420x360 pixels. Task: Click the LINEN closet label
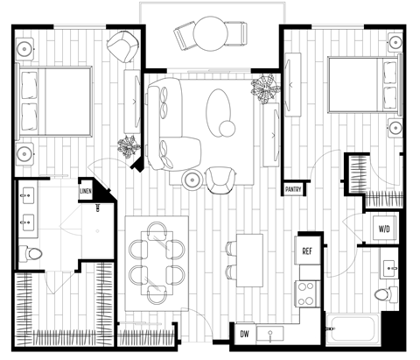click(86, 189)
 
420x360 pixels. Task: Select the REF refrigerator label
click(307, 251)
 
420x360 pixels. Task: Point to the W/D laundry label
click(384, 229)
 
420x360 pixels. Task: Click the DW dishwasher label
click(243, 335)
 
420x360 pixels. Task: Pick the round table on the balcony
click(212, 37)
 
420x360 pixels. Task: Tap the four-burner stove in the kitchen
click(308, 292)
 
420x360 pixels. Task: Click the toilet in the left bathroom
click(34, 254)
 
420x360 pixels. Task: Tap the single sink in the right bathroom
click(388, 262)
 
